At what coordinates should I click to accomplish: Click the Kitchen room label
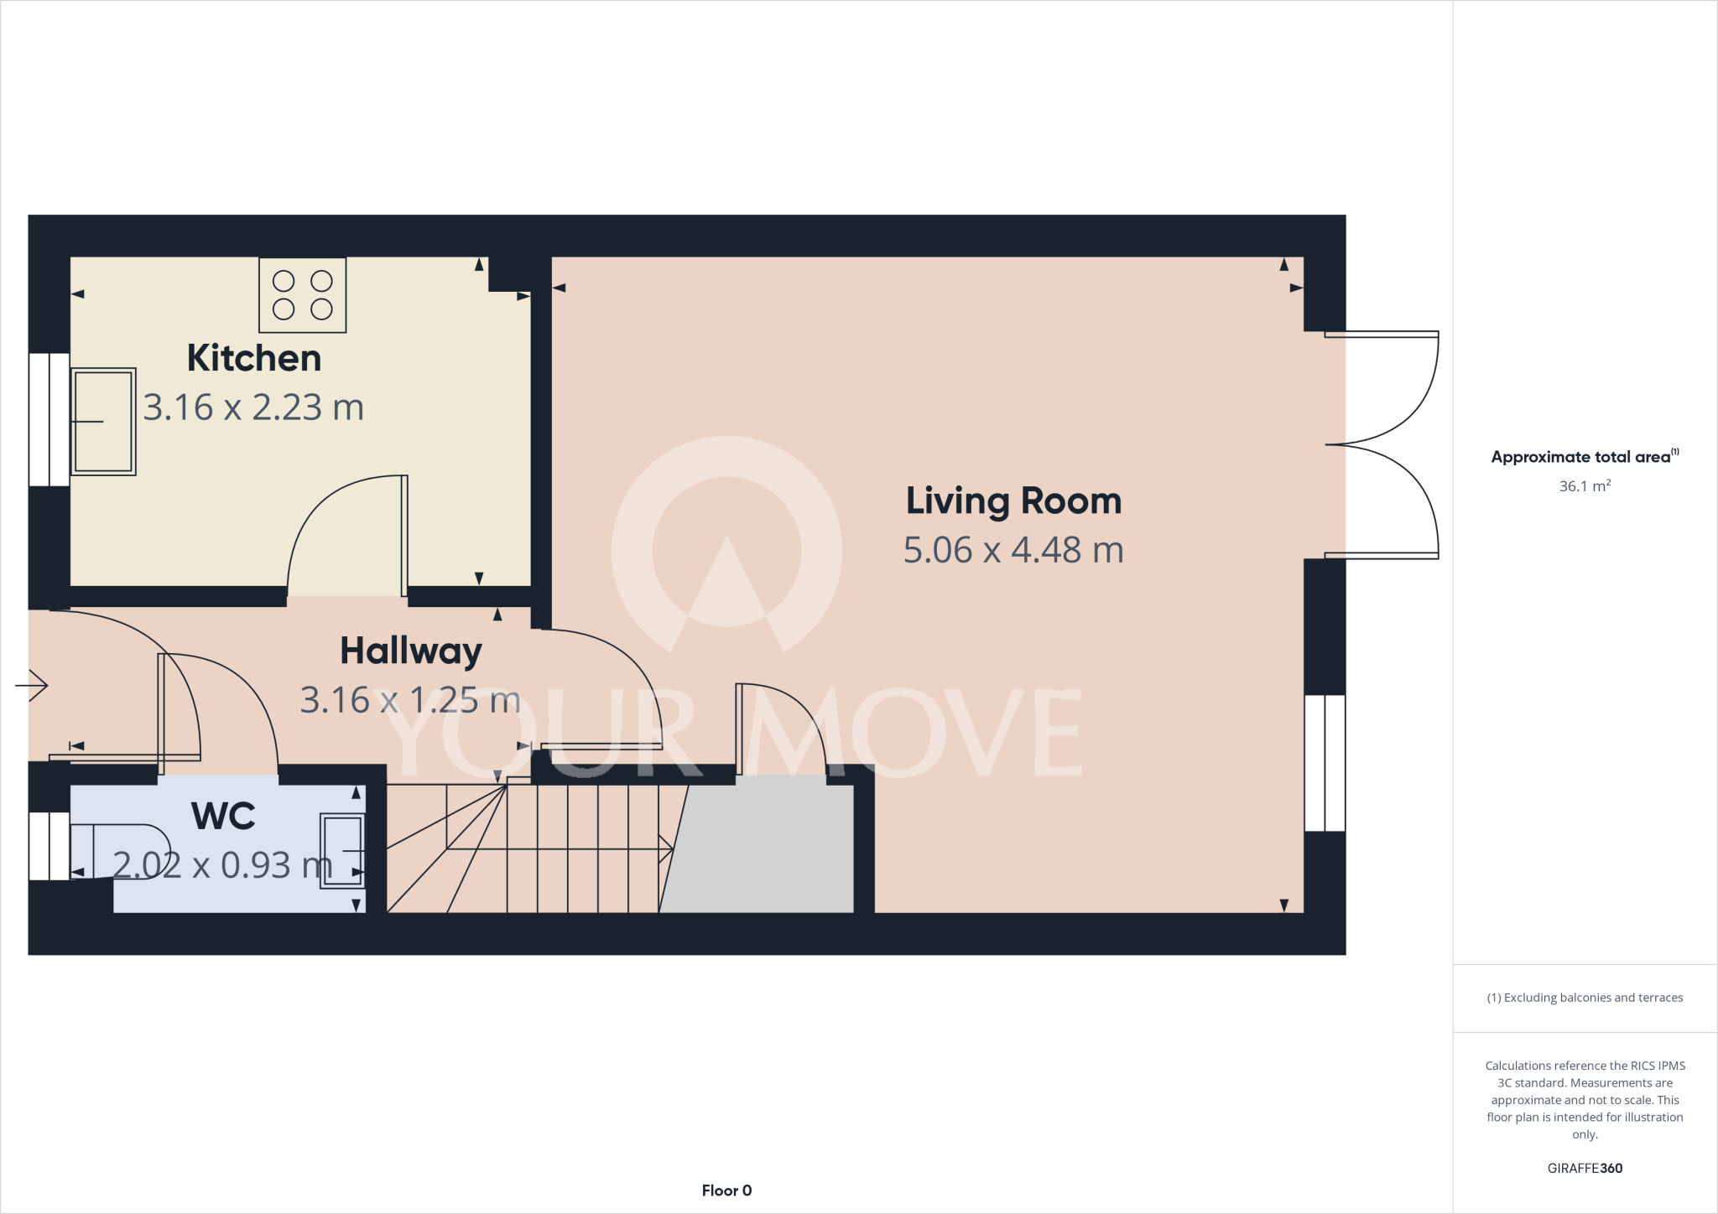(254, 358)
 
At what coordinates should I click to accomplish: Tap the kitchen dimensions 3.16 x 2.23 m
(254, 407)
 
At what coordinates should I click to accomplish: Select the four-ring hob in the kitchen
(302, 295)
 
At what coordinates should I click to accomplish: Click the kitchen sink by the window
(103, 421)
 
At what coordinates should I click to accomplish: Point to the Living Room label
(1013, 501)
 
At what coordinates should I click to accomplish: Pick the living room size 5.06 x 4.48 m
(1013, 550)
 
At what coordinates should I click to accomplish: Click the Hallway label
(411, 651)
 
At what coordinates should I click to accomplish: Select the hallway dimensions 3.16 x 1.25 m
(411, 700)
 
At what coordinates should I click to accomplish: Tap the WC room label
(223, 816)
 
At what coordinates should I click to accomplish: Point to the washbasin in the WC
(342, 851)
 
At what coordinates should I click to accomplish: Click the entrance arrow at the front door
(32, 686)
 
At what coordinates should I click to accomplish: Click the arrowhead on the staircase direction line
(667, 848)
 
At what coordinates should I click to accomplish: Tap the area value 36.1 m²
(1585, 486)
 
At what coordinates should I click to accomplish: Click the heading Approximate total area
(1582, 457)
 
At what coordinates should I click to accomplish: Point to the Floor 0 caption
(726, 1191)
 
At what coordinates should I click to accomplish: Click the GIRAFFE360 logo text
(1585, 1168)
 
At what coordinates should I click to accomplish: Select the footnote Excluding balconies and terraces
(1585, 998)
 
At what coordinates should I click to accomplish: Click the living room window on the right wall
(1325, 762)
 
